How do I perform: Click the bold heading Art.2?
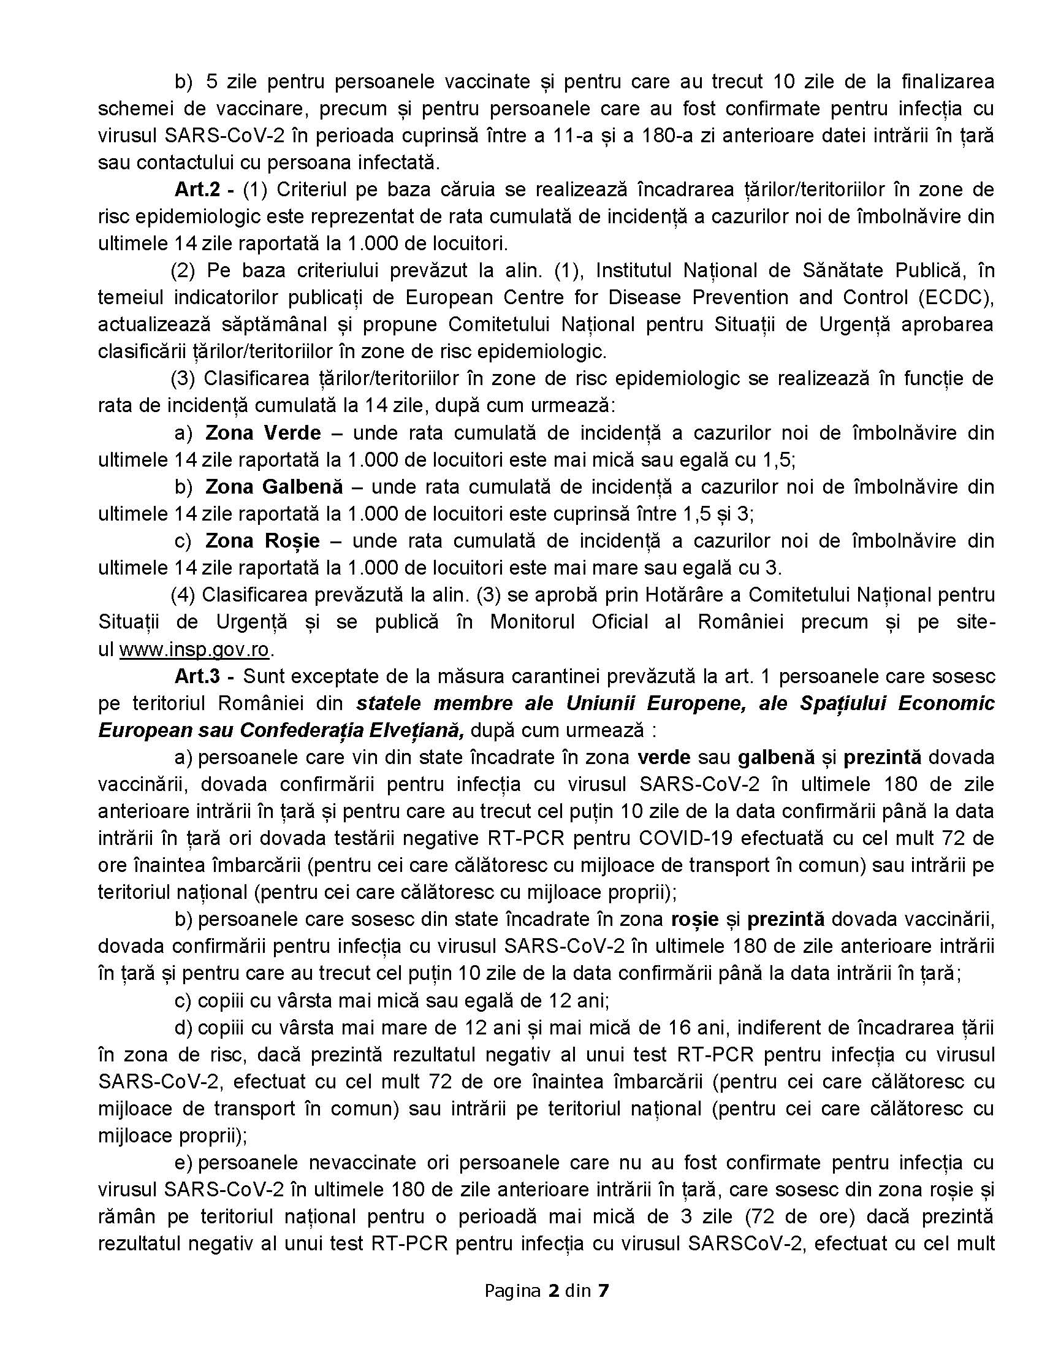coord(197,189)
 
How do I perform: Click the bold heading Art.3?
coord(197,676)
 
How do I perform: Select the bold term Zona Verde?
coord(263,432)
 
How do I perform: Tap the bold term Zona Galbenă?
coord(273,487)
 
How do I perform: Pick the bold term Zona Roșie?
coord(262,541)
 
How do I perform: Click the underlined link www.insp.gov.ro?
coord(194,649)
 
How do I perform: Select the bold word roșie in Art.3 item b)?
coord(694,919)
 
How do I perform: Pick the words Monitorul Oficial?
coord(569,622)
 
